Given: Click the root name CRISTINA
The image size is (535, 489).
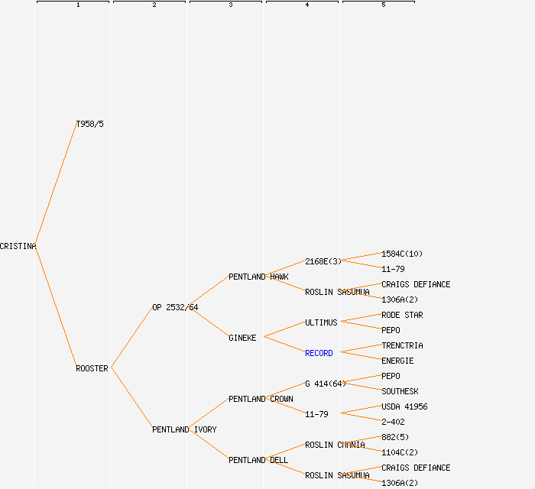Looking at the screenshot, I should (18, 246).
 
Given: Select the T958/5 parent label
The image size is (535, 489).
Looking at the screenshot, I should (90, 124).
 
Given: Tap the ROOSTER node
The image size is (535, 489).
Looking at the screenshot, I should (92, 368).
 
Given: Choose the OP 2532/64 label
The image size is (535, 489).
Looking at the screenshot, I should (175, 307).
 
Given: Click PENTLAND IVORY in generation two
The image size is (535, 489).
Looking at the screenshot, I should (184, 429).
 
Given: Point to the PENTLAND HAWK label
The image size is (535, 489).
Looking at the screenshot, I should (258, 277).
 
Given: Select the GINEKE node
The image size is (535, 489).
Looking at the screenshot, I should (242, 338).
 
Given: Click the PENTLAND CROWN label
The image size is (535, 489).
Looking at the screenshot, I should (261, 399).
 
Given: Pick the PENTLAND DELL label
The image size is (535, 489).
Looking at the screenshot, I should (258, 460).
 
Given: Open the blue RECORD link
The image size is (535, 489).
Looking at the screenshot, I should (319, 353).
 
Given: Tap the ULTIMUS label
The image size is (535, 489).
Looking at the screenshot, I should (321, 322).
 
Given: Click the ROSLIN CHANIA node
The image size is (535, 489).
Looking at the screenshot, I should (335, 445).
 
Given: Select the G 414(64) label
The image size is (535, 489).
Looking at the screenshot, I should (326, 384).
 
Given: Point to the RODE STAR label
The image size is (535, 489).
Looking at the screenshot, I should (402, 315).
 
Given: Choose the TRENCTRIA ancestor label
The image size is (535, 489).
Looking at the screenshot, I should (402, 345).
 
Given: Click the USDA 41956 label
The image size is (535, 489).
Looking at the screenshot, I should (404, 406).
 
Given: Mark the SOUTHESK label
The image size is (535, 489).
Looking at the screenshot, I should (400, 391).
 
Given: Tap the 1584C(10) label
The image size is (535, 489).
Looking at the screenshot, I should (402, 254).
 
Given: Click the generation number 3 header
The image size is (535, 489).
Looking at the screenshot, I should (231, 5).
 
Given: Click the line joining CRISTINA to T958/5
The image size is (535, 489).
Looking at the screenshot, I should (56, 185).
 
